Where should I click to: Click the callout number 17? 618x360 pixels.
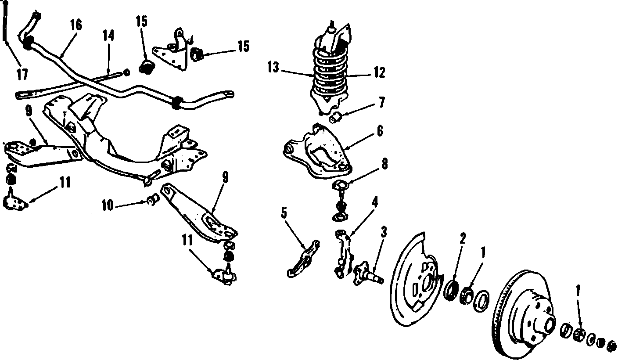(22, 74)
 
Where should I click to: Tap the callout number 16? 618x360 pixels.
(75, 25)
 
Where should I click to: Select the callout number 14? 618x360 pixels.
(108, 36)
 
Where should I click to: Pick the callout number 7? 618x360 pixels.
(381, 103)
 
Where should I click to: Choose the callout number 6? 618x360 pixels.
(379, 130)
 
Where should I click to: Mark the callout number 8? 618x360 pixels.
(384, 164)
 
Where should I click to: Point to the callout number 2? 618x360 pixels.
(462, 238)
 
